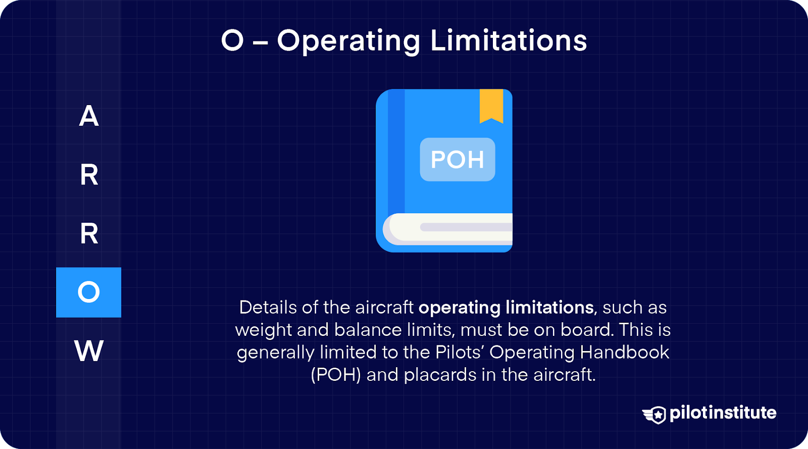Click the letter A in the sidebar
pos(89,116)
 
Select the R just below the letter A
pos(89,175)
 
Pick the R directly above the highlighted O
pos(89,233)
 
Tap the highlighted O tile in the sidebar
pos(89,292)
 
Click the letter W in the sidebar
pos(89,351)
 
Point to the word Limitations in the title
pos(509,40)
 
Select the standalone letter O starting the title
pos(232,40)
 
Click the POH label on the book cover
pos(458,160)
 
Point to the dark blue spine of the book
pos(396,152)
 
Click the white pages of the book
pos(449,229)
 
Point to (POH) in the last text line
pos(336,375)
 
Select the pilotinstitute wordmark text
pos(723,413)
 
